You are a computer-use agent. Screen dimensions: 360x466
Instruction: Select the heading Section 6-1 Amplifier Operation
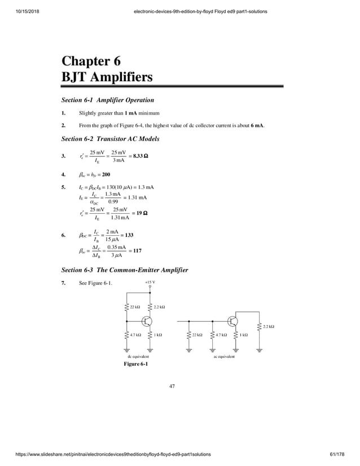click(x=107, y=100)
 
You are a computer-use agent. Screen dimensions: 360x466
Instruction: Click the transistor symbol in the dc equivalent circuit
click(x=146, y=321)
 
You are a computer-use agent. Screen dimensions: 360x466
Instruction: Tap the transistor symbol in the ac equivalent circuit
click(x=232, y=321)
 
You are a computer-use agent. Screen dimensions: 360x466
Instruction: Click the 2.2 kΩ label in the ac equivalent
click(x=270, y=326)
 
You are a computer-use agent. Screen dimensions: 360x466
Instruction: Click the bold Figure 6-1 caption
click(x=136, y=364)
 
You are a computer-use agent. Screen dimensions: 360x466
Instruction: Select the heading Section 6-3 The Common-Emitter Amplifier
click(x=125, y=270)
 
